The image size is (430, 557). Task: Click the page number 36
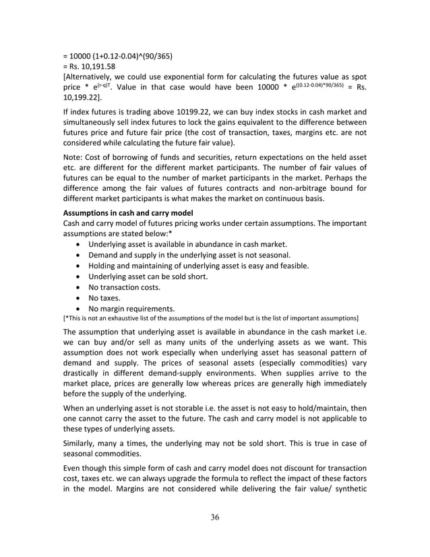coord(215,517)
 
